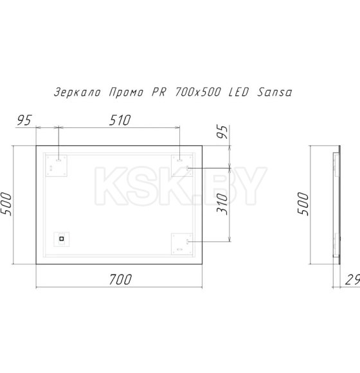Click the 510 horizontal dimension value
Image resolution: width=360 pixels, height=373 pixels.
(119, 120)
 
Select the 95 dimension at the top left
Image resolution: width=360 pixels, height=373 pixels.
(24, 120)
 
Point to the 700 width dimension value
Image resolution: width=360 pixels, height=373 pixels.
(120, 279)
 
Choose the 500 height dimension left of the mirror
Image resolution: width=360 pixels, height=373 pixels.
(10, 204)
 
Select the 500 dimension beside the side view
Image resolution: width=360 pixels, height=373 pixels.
(305, 204)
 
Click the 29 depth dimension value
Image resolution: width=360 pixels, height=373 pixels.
(351, 279)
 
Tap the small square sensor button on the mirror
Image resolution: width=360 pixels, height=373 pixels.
(62, 239)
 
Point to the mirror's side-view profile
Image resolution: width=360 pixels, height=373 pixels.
(334, 204)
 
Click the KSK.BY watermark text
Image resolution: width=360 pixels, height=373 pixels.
(180, 185)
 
